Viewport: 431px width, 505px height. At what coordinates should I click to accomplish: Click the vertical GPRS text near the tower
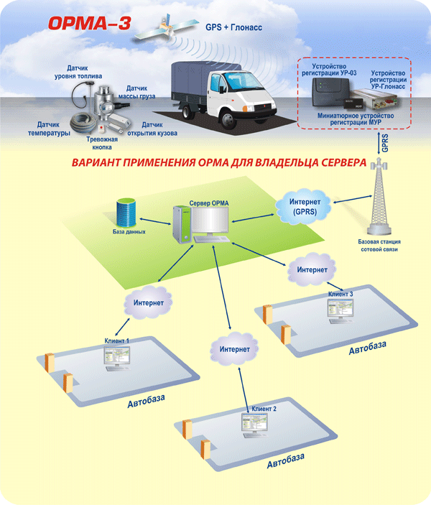click(x=386, y=142)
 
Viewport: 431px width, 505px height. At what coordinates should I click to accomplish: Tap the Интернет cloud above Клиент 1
click(x=148, y=303)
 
